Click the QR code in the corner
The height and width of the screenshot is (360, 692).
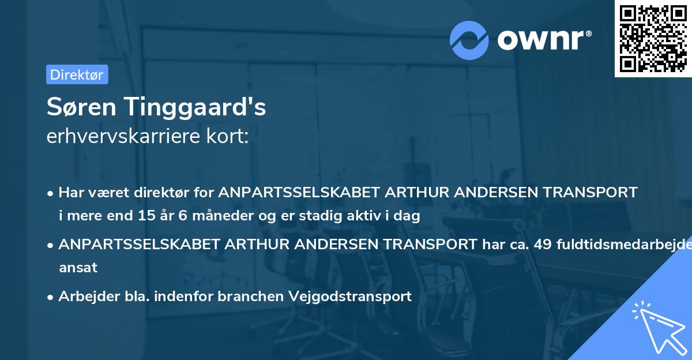pyautogui.click(x=653, y=38)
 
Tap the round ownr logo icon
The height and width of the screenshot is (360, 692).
pyautogui.click(x=469, y=40)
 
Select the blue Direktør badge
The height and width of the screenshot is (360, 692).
pyautogui.click(x=77, y=74)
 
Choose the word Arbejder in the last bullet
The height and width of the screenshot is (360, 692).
pyautogui.click(x=84, y=297)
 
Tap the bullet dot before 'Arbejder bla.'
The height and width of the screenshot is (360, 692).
pyautogui.click(x=51, y=297)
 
